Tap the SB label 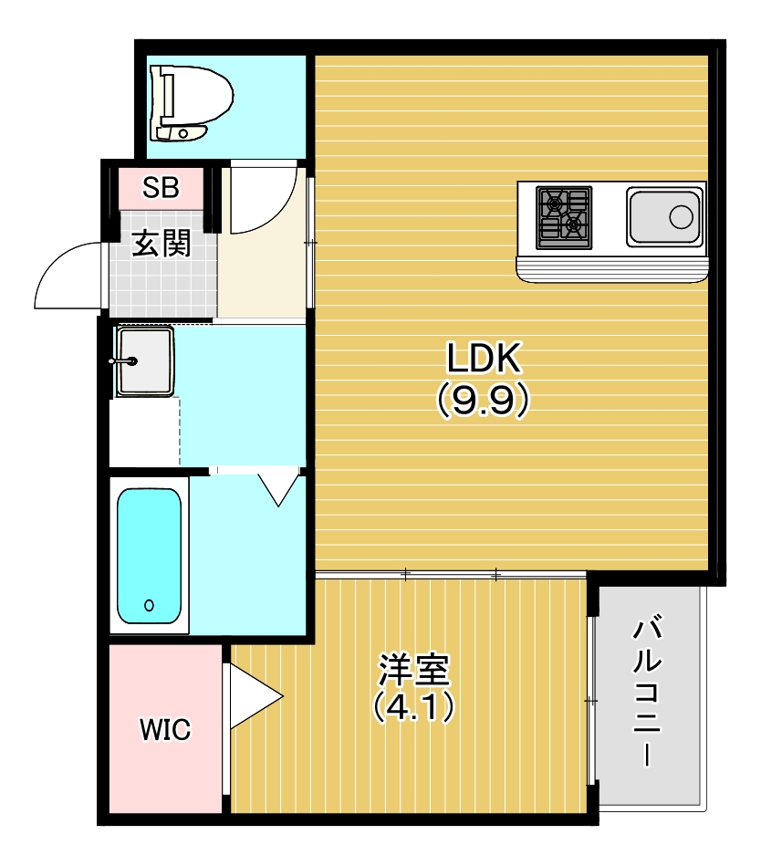161,188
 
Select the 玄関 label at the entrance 162,243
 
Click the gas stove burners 564,217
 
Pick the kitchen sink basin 665,217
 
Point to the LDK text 484,359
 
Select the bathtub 149,556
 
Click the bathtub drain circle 149,605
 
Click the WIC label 165,730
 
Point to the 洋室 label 414,670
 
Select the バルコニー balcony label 647,690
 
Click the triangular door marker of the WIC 254,696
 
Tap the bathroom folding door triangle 279,490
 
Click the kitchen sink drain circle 681,217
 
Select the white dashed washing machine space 145,432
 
